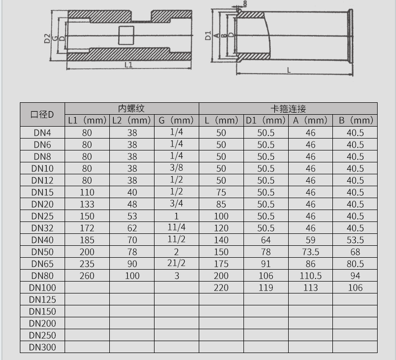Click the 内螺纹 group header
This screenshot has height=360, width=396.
tap(131, 108)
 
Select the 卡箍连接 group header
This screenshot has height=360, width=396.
tap(288, 109)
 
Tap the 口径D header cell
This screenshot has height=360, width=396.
tap(42, 115)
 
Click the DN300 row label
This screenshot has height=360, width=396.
tap(42, 347)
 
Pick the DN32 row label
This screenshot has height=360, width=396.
tap(42, 228)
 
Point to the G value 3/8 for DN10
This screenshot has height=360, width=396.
tap(176, 168)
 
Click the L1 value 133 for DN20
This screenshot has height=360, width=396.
tap(87, 204)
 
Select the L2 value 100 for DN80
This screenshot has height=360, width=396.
tap(132, 276)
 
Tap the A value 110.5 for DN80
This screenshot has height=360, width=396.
tap(311, 276)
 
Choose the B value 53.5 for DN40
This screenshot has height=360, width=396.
tap(355, 240)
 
